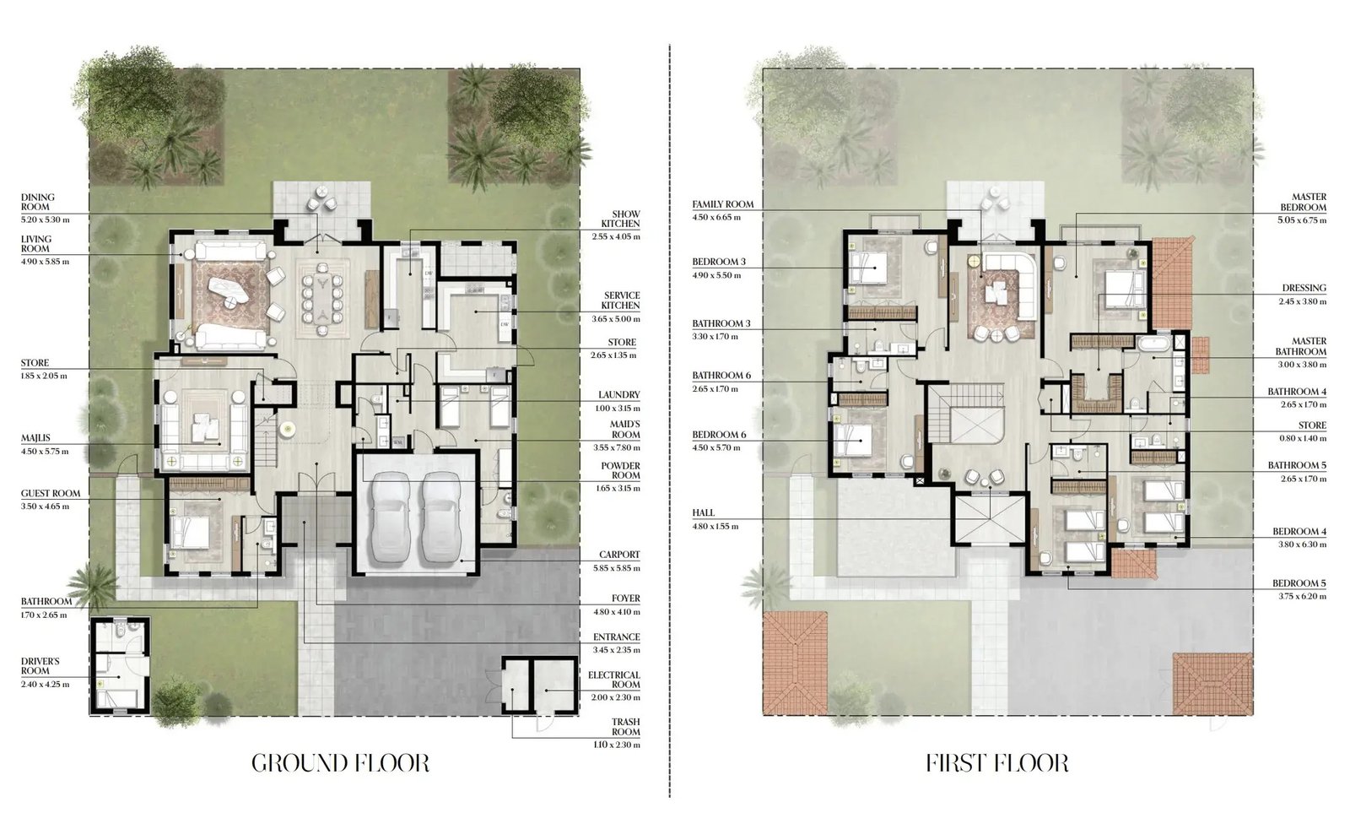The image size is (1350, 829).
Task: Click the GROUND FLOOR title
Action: coord(341,763)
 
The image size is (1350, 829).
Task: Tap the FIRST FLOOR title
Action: coord(997,763)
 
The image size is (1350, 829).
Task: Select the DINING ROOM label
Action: coord(38,202)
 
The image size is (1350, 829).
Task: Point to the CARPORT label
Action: coord(619,555)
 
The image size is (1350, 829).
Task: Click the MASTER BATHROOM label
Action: coord(1300,346)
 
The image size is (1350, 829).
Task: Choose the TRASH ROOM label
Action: coord(625,727)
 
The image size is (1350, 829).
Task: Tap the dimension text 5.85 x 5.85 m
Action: coord(615,568)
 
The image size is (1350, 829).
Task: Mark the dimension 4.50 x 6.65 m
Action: coord(716,218)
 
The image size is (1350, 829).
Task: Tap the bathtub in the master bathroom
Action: coord(1154,344)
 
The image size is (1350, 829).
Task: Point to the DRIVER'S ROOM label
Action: coord(40,666)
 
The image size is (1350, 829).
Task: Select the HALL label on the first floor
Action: coord(704,513)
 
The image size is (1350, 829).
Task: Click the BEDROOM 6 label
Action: coord(719,435)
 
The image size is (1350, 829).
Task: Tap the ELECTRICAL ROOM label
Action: coord(614,680)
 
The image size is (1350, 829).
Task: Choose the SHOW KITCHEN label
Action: coord(620,219)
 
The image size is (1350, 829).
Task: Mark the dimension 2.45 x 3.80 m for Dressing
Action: coord(1303,301)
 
